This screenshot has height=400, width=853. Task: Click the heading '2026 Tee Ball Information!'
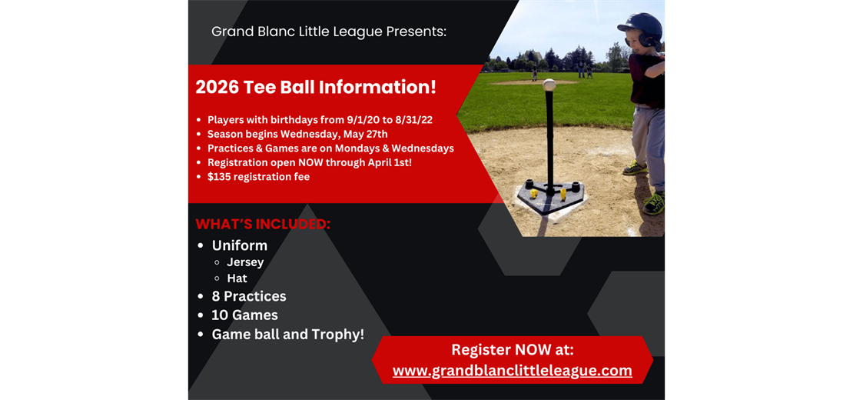316,87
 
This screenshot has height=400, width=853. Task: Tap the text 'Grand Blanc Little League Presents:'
329,32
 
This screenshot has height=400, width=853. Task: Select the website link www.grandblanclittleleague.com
512,371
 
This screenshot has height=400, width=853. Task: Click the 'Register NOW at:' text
512,349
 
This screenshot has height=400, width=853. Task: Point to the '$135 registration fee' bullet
258,177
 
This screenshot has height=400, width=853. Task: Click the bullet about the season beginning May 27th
297,134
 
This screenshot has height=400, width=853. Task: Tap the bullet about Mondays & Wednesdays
330,148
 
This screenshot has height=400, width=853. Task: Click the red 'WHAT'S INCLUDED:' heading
263,225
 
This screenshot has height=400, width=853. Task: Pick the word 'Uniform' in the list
240,245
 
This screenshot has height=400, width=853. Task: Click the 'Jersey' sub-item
245,262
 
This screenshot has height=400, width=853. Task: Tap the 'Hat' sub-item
237,278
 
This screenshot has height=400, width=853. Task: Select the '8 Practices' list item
249,296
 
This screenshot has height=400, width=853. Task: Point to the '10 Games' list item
244,315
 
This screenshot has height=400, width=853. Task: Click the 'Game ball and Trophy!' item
288,335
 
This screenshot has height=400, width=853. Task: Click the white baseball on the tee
549,85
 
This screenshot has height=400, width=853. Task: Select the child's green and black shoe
654,203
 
